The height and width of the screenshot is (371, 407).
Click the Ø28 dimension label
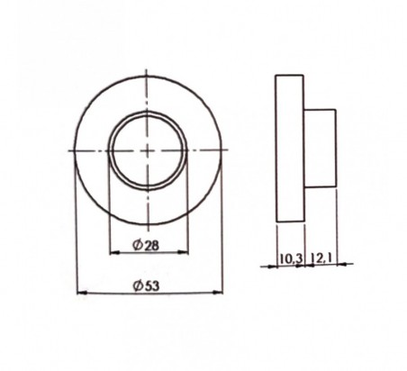tap(146, 246)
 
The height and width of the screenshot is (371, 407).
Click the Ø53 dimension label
tap(146, 285)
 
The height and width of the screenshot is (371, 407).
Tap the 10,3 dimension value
tap(291, 258)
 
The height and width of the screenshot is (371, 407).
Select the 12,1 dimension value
tap(321, 258)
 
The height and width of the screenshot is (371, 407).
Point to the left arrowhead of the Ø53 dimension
tap(82, 292)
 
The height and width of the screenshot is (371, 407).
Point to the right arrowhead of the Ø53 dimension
tap(218, 292)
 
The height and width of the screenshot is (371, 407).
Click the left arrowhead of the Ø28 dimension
tap(114, 253)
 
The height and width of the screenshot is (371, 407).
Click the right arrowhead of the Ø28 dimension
tap(184, 252)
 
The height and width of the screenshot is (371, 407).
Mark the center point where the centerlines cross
tap(147, 150)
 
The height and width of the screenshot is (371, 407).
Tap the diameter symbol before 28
tap(137, 246)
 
